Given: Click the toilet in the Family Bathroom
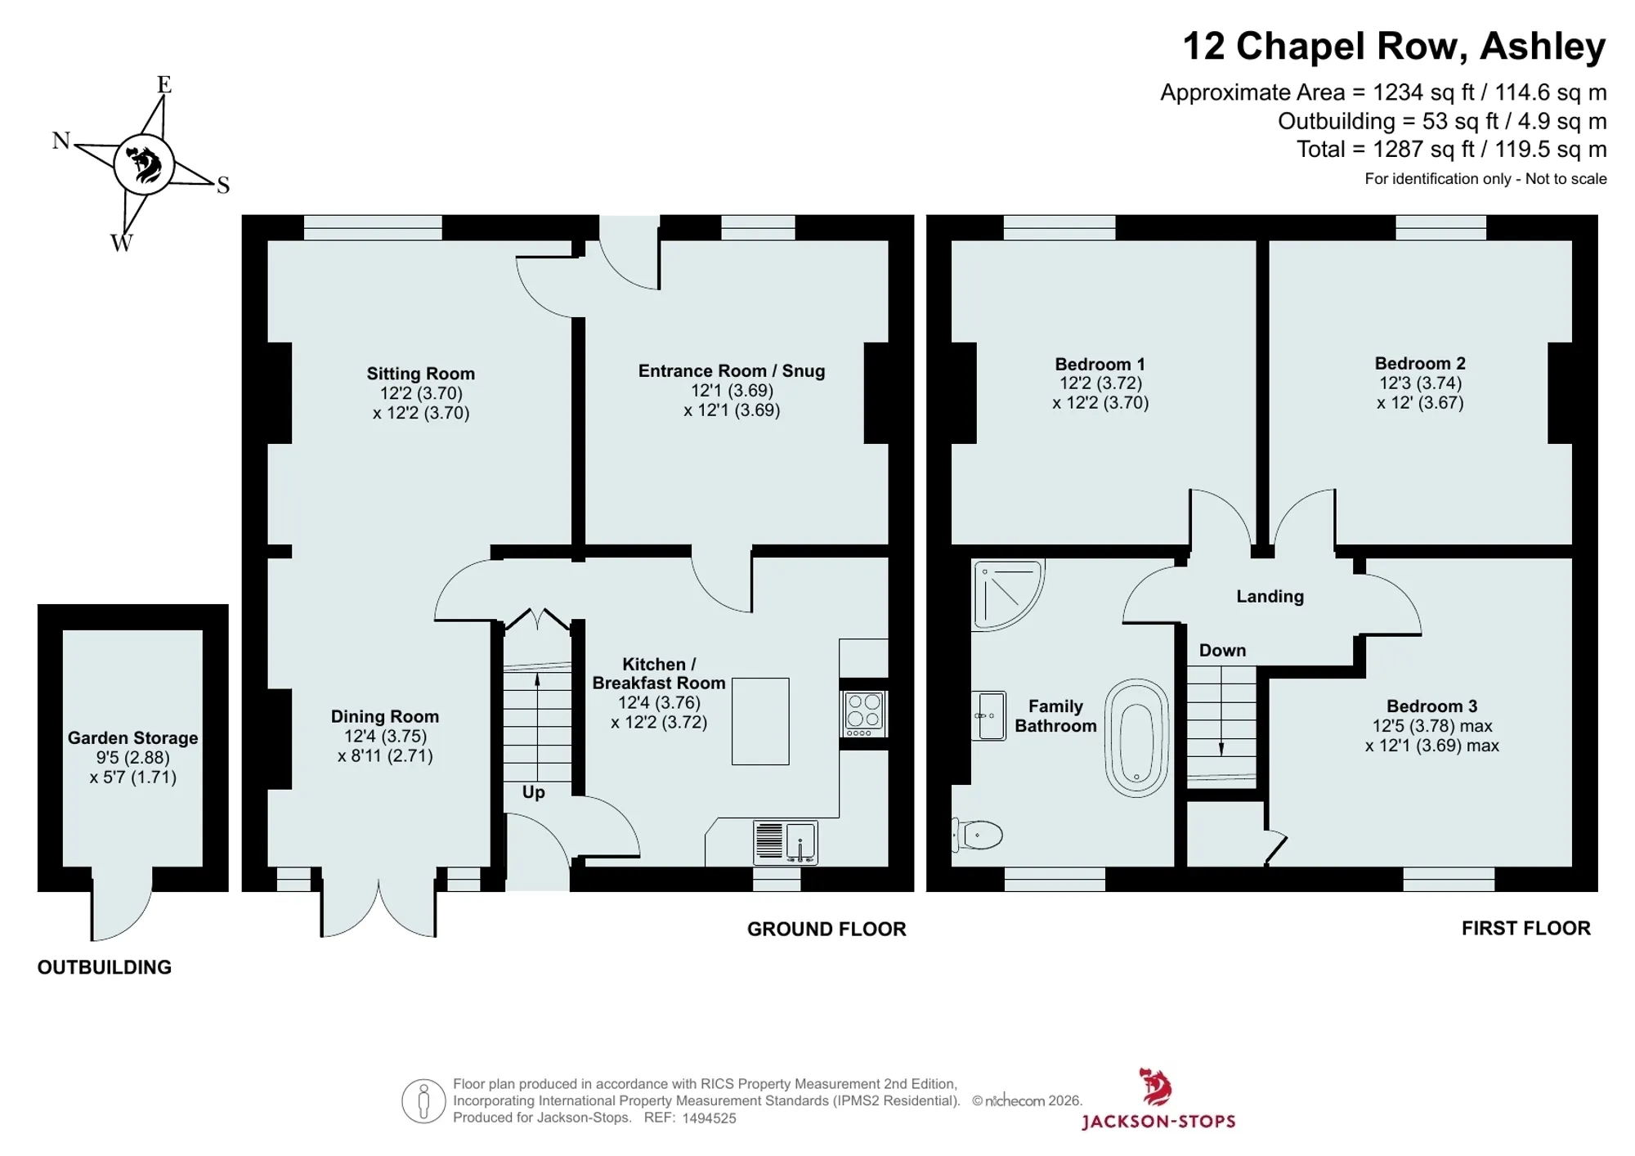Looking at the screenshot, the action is click(978, 835).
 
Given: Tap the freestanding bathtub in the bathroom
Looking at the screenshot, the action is click(1136, 737).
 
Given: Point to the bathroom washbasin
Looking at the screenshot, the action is click(988, 716).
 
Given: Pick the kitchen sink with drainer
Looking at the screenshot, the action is click(785, 842).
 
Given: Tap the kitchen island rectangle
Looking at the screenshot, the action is click(760, 721).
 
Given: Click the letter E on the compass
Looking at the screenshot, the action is click(163, 84).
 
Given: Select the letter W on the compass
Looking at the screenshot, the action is click(121, 243).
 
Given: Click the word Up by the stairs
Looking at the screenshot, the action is click(533, 792).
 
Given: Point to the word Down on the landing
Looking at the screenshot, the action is click(1222, 651).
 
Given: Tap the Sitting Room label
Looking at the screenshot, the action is click(420, 374).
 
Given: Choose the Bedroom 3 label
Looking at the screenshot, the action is click(1431, 706).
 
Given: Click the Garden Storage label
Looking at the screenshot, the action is click(132, 738).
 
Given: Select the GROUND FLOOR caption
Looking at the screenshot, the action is click(826, 929).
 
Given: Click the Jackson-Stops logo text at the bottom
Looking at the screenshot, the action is click(1158, 1121).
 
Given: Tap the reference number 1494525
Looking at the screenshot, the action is click(709, 1118).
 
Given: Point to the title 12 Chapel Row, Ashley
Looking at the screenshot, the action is click(1394, 47).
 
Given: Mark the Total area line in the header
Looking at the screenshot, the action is click(1451, 150).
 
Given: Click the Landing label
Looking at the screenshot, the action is click(1270, 597).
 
